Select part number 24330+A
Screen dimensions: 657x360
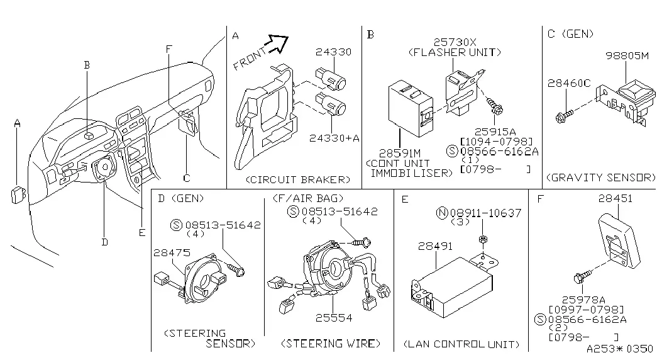click(x=334, y=138)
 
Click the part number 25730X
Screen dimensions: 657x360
click(x=455, y=42)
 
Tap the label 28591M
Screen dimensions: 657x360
click(x=399, y=153)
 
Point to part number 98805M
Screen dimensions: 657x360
click(x=627, y=55)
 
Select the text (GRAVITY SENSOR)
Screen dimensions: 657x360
click(x=601, y=177)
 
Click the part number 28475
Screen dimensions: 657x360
click(x=172, y=252)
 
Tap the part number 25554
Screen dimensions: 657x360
click(x=333, y=318)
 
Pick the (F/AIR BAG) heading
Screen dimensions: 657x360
click(x=308, y=198)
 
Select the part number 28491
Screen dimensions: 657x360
click(x=435, y=246)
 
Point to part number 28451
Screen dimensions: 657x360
click(x=615, y=198)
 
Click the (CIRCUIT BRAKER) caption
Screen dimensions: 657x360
click(x=297, y=179)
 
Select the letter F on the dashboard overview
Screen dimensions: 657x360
click(x=169, y=49)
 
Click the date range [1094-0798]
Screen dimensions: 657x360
click(x=496, y=142)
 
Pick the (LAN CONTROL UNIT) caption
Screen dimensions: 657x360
click(x=461, y=344)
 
